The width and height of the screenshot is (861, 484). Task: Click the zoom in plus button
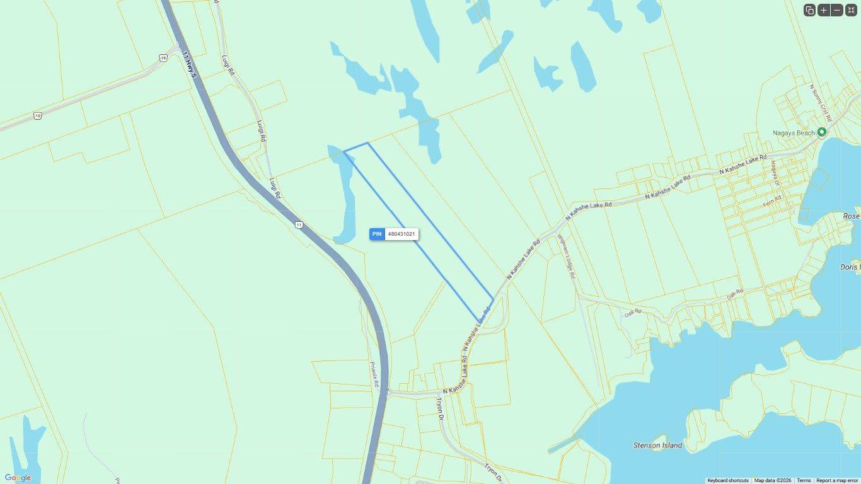point(823,10)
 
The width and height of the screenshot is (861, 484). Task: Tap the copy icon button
point(809,10)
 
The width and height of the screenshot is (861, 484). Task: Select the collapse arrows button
point(851,10)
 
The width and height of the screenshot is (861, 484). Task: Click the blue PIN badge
point(377,234)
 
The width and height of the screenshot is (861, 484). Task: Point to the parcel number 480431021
point(402,234)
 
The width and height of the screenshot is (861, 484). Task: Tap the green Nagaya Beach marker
point(821,132)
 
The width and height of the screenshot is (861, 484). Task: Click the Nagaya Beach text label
point(794,133)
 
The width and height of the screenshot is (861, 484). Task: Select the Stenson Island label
point(657,446)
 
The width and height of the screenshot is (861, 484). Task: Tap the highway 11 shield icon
point(298,224)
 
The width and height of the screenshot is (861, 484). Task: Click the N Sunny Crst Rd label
point(821,103)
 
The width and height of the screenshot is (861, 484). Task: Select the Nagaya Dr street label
point(775,174)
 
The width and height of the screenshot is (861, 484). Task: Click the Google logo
point(18,478)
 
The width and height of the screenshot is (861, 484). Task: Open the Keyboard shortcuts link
point(728,480)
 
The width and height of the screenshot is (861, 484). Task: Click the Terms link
point(804,480)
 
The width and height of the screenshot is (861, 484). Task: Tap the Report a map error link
point(837,480)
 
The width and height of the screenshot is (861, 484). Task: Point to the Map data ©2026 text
point(773,480)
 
